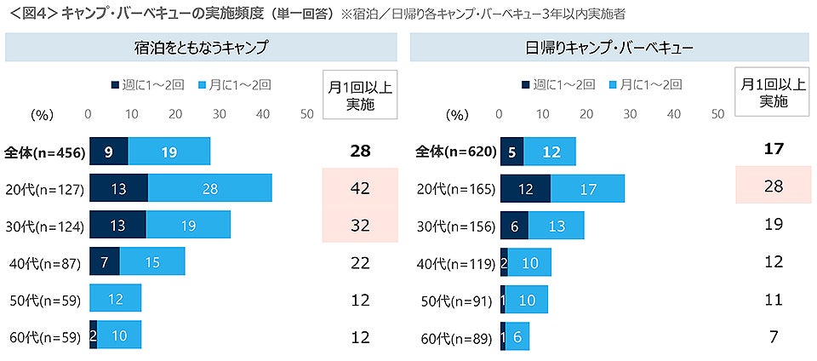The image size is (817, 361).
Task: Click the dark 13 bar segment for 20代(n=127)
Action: tap(118, 188)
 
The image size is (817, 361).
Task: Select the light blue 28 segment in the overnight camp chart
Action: tap(209, 188)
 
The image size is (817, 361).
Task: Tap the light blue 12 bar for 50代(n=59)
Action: tap(115, 299)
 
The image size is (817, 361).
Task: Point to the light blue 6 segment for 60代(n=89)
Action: tap(518, 335)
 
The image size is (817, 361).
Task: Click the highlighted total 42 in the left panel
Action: tap(361, 188)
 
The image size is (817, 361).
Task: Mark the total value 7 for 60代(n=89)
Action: tap(773, 335)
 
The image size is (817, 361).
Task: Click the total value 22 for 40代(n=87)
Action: tap(361, 262)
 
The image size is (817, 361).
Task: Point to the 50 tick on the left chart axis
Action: tap(307, 113)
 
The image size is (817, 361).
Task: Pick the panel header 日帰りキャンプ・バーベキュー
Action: tap(609, 48)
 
